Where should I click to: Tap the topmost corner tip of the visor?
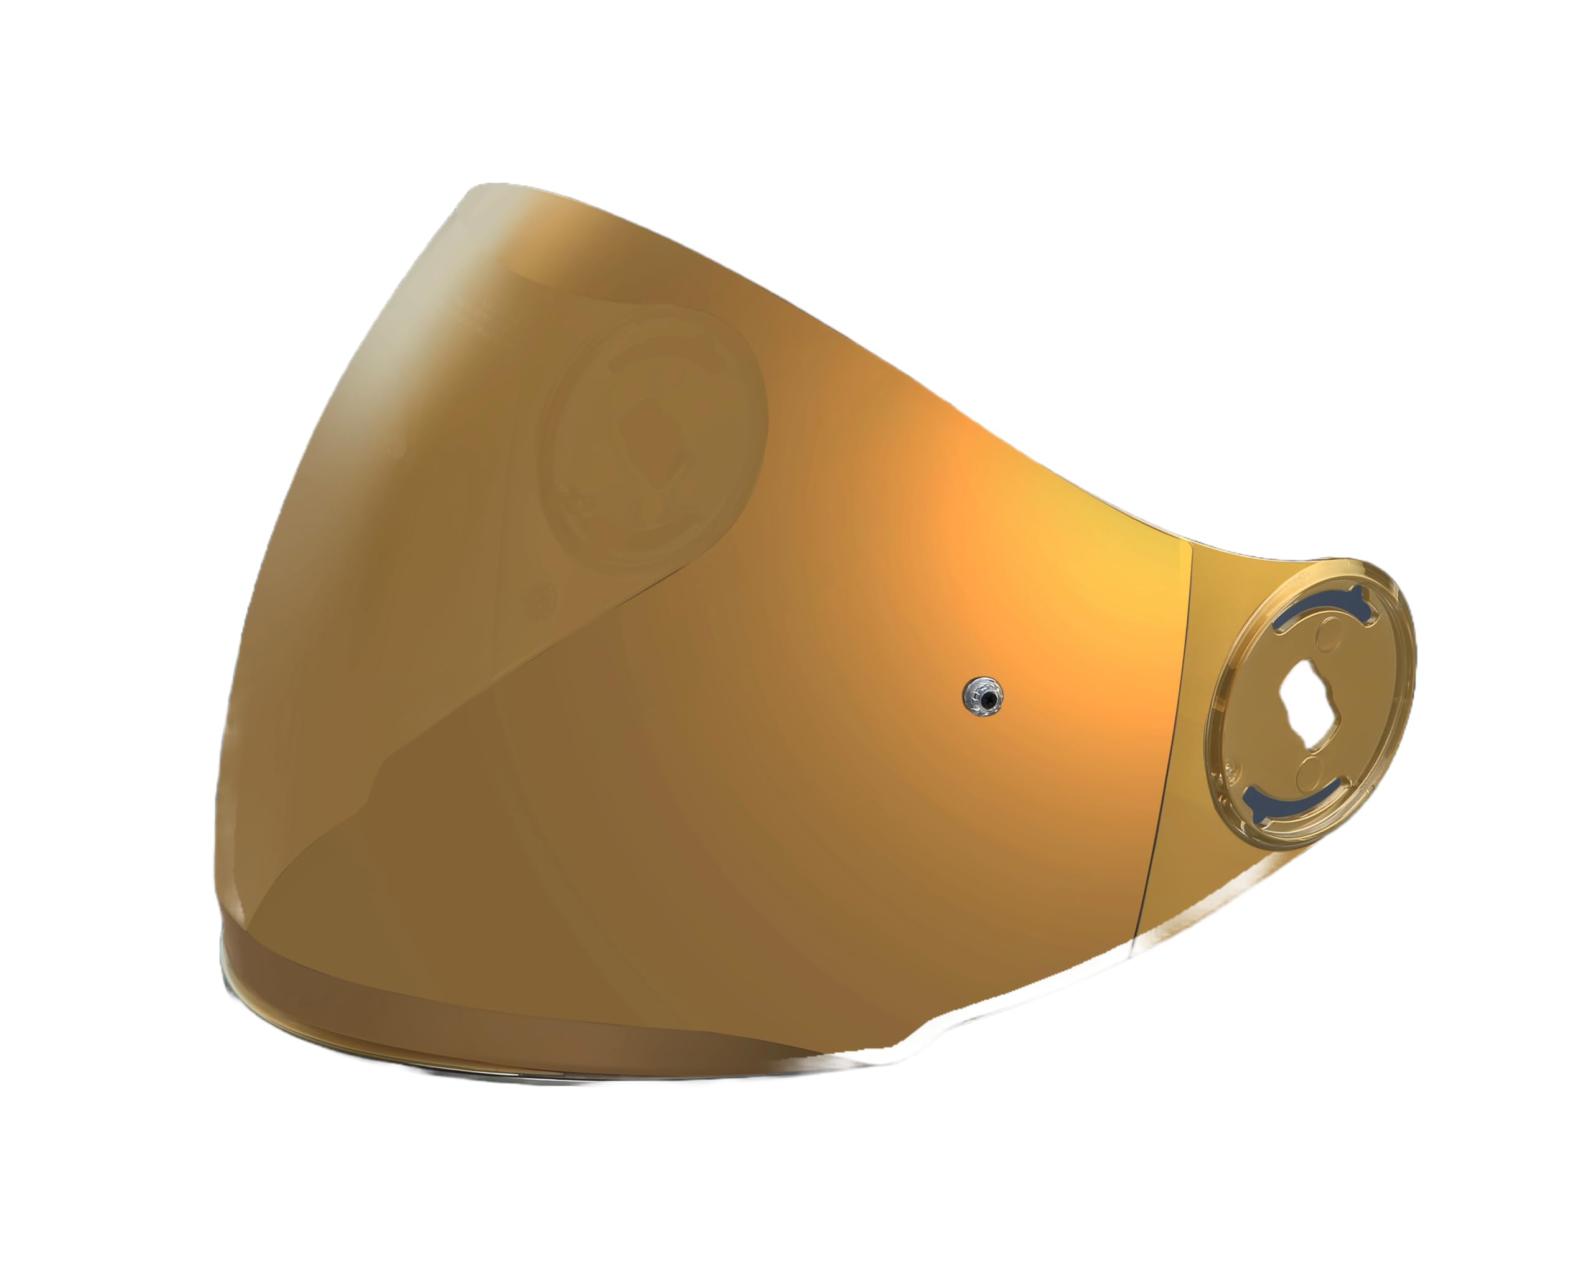(x=473, y=189)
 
